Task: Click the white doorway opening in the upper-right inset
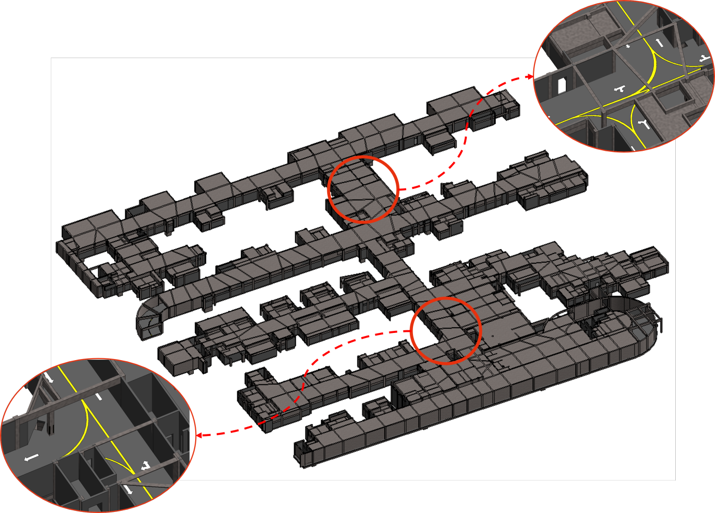(562, 85)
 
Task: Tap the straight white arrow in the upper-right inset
(659, 42)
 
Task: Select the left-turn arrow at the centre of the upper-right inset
(620, 88)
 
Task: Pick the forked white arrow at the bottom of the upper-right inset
(643, 125)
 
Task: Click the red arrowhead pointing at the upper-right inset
(529, 77)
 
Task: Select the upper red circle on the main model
(363, 189)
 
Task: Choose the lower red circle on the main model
(445, 331)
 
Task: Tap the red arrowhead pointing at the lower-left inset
(199, 435)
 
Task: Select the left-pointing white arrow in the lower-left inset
(31, 458)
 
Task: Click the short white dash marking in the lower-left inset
(98, 397)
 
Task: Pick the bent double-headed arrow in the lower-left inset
(146, 465)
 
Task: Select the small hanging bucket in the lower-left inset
(41, 425)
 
